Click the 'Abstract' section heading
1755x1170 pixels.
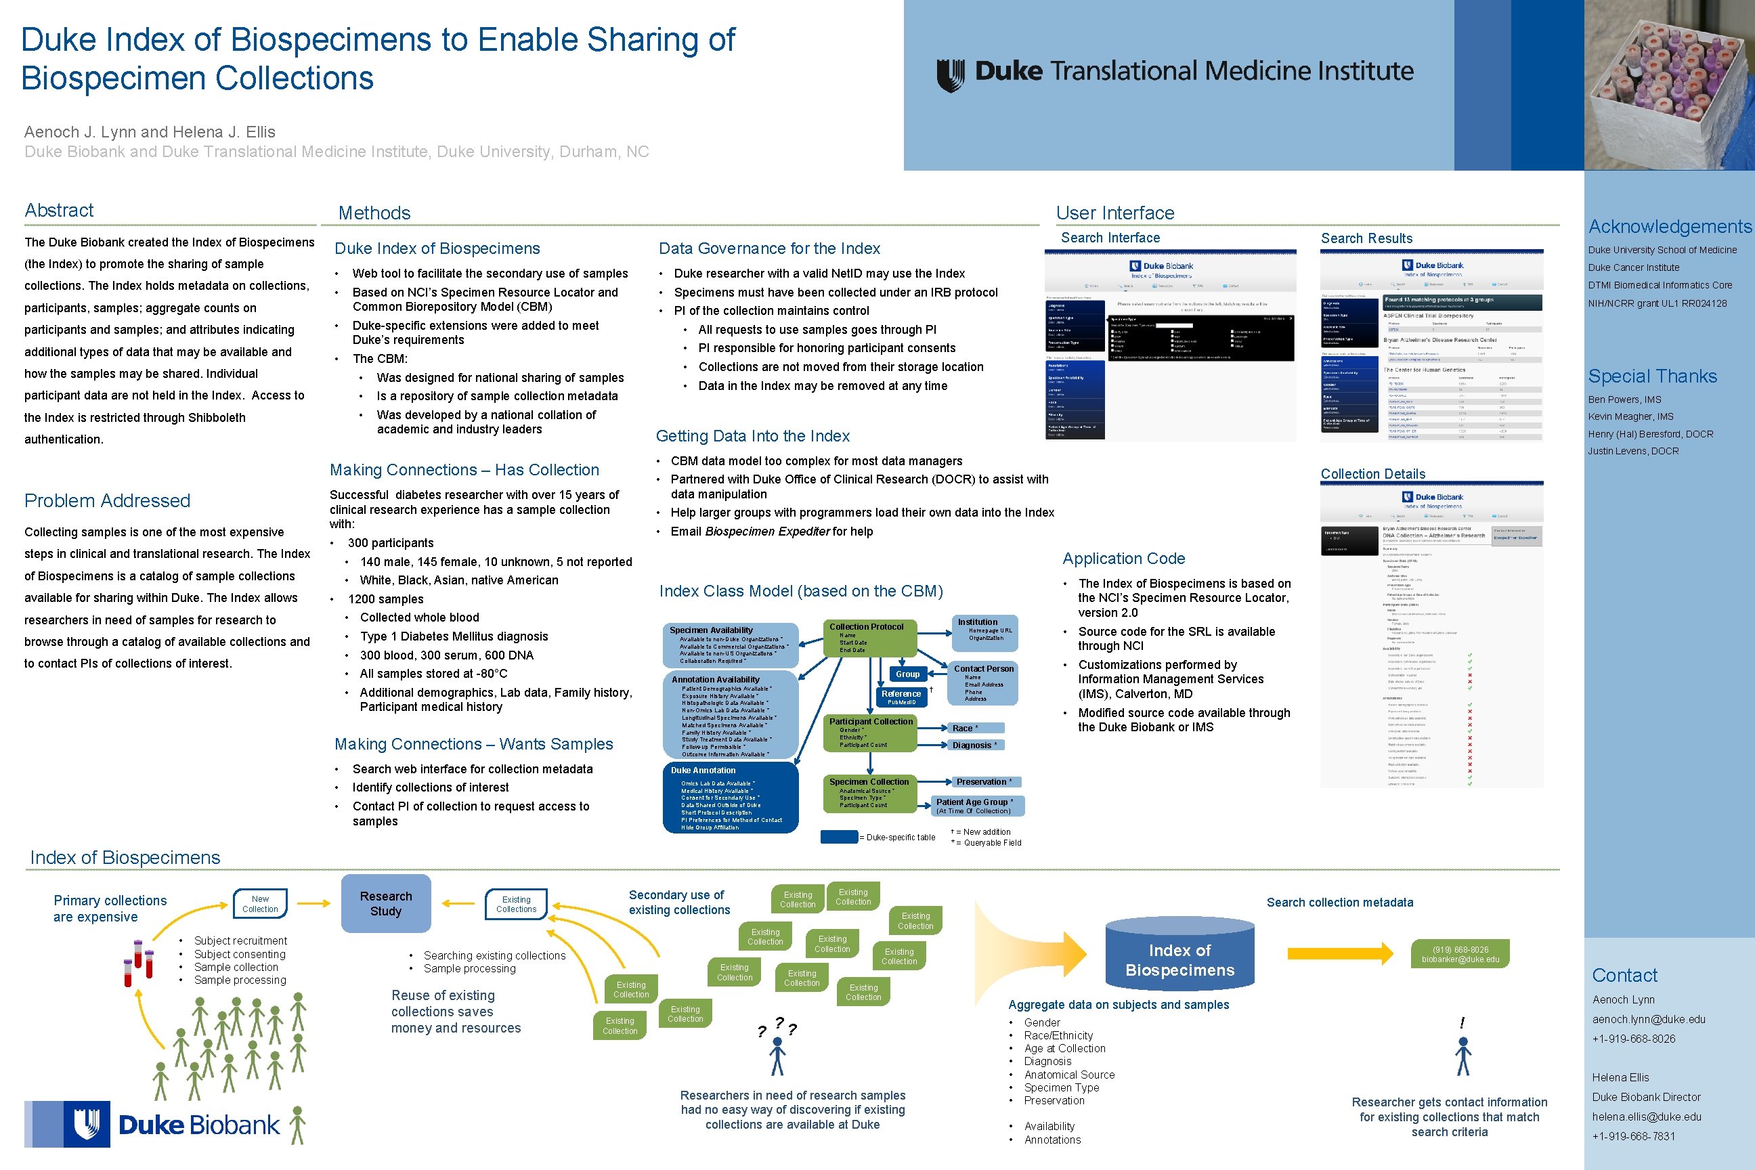(x=59, y=211)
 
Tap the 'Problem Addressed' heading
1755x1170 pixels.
(x=107, y=500)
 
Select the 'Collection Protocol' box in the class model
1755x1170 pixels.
(x=869, y=638)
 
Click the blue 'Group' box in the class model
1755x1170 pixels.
(x=907, y=674)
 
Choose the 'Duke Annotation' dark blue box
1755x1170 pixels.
(x=731, y=797)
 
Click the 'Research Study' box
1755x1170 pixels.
(x=386, y=904)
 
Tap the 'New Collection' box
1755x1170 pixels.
(x=260, y=905)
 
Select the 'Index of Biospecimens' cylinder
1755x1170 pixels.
(x=1179, y=958)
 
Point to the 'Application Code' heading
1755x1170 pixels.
(x=1123, y=559)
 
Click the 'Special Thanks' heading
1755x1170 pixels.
(x=1652, y=376)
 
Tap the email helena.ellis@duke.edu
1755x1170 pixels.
(x=1646, y=1117)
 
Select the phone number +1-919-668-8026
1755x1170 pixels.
(x=1633, y=1039)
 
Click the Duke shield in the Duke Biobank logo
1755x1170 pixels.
(x=87, y=1124)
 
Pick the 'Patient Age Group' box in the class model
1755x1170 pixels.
(x=977, y=806)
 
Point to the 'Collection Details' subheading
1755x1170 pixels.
(x=1372, y=475)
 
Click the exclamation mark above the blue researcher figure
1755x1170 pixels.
(x=1462, y=1022)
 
